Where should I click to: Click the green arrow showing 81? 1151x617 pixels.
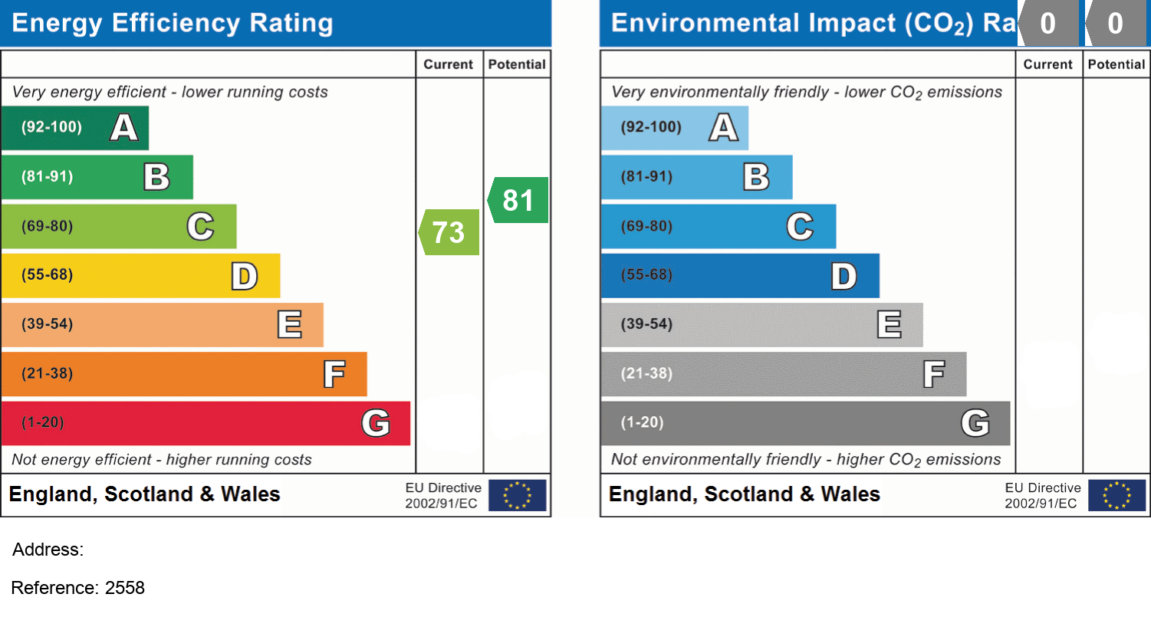pyautogui.click(x=518, y=200)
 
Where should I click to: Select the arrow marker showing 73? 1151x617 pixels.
pyautogui.click(x=449, y=231)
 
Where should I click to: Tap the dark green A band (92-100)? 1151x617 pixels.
pyautogui.click(x=74, y=127)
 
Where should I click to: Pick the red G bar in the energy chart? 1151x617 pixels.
pyautogui.click(x=205, y=423)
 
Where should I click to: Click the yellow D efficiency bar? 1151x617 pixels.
pyautogui.click(x=140, y=275)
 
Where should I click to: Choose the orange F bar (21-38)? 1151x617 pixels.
pyautogui.click(x=183, y=374)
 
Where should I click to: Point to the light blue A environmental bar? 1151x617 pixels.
pyautogui.click(x=673, y=127)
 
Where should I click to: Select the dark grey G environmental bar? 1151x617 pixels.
pyautogui.click(x=804, y=423)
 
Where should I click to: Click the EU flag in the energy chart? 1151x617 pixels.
pyautogui.click(x=517, y=495)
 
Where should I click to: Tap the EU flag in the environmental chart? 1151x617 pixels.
pyautogui.click(x=1116, y=495)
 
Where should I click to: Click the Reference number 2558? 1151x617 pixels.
pyautogui.click(x=124, y=588)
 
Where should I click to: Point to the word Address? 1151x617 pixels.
pyautogui.click(x=48, y=550)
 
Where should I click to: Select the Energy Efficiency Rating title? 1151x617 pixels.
pyautogui.click(x=173, y=23)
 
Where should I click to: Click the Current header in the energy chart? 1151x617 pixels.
pyautogui.click(x=449, y=64)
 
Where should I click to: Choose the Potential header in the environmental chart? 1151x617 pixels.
pyautogui.click(x=1116, y=64)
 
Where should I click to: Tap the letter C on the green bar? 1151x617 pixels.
pyautogui.click(x=200, y=226)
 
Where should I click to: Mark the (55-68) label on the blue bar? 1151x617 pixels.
pyautogui.click(x=646, y=275)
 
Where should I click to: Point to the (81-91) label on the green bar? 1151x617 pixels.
pyautogui.click(x=47, y=176)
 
